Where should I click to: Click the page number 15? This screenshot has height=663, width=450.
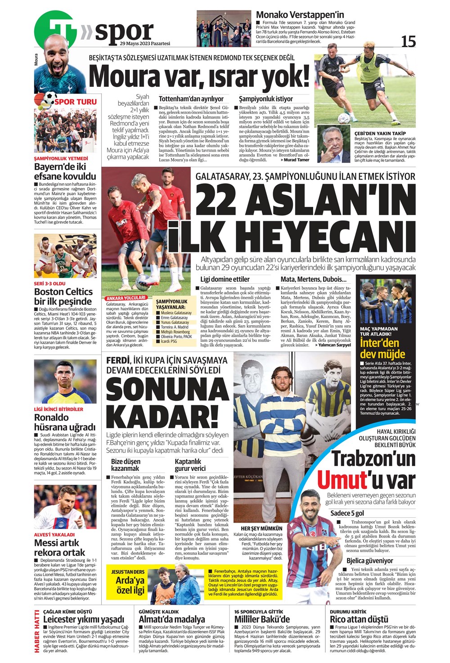pyautogui.click(x=408, y=41)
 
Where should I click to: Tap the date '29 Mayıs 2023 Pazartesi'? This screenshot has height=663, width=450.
pyautogui.click(x=145, y=44)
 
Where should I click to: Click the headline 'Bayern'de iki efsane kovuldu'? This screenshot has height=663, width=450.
pyautogui.click(x=65, y=171)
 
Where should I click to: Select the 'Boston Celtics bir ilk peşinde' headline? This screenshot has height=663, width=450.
pyautogui.click(x=63, y=296)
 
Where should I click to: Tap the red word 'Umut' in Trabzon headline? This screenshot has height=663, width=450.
pyautogui.click(x=342, y=479)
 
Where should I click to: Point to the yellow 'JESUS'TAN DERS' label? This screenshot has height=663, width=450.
pyautogui.click(x=128, y=572)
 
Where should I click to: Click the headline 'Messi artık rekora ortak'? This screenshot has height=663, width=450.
pyautogui.click(x=59, y=547)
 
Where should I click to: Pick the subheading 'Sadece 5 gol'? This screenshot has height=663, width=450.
pyautogui.click(x=347, y=513)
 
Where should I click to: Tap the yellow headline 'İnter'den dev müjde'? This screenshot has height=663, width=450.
pyautogui.click(x=382, y=349)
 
